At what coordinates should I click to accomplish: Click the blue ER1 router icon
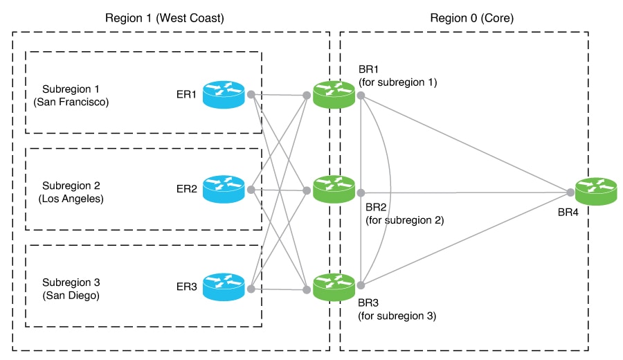(224, 95)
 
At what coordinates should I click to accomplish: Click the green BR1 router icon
(334, 94)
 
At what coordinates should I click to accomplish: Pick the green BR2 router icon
(334, 189)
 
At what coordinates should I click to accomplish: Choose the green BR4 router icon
(595, 190)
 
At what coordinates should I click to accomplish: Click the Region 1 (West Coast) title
(164, 18)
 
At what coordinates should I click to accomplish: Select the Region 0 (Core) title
(472, 18)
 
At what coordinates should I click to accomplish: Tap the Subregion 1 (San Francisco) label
(71, 96)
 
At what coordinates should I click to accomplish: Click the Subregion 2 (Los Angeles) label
(71, 192)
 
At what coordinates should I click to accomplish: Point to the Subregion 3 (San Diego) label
(71, 289)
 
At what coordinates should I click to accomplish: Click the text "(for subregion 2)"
(404, 220)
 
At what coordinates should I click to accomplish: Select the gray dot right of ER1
(250, 94)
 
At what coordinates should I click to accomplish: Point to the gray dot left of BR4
(570, 191)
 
